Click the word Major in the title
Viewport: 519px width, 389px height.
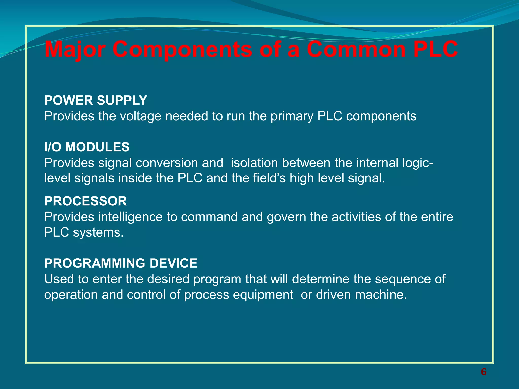pos(75,49)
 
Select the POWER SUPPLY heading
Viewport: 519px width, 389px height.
pos(96,100)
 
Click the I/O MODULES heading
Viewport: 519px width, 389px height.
pos(87,147)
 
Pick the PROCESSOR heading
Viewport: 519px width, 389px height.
pos(85,201)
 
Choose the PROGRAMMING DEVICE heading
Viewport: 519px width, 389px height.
pos(121,263)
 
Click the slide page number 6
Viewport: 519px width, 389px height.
pos(484,372)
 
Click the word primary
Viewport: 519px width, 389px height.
pos(292,116)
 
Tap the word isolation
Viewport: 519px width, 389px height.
pos(254,163)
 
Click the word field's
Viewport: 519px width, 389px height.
pos(269,178)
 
